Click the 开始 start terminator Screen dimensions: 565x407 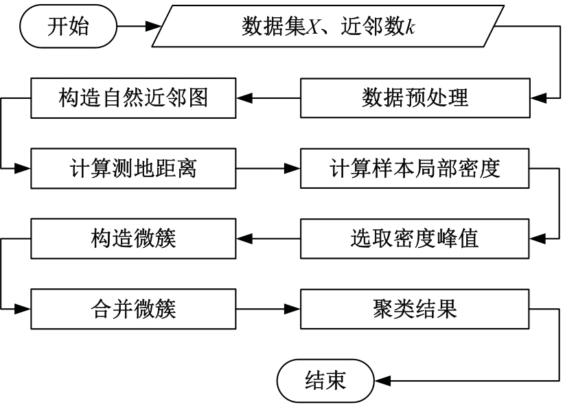(x=68, y=26)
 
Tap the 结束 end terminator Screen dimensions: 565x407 (x=325, y=381)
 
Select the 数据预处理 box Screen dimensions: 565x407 (x=415, y=98)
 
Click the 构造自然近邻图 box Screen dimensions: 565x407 (x=133, y=98)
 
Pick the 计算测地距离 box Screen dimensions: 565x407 (x=133, y=168)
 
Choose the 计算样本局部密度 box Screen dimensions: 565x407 (x=415, y=168)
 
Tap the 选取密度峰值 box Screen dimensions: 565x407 (x=415, y=238)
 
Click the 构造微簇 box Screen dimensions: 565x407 (x=133, y=238)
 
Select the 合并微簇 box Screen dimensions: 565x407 (x=133, y=309)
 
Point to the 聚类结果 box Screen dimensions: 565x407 (x=415, y=309)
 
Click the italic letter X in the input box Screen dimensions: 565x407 (x=312, y=27)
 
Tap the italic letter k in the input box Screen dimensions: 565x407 (x=410, y=27)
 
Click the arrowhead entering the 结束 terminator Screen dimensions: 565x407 (x=382, y=381)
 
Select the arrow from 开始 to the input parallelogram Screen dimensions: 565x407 (x=139, y=26)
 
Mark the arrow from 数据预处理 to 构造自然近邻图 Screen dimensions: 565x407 (x=268, y=98)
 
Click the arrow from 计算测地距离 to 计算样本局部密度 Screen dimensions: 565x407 (x=268, y=168)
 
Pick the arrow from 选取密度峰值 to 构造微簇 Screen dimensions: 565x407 (x=268, y=238)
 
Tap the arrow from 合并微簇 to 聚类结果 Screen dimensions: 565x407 (x=268, y=309)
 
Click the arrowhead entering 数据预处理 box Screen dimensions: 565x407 (x=538, y=98)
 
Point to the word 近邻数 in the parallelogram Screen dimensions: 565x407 (x=373, y=27)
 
